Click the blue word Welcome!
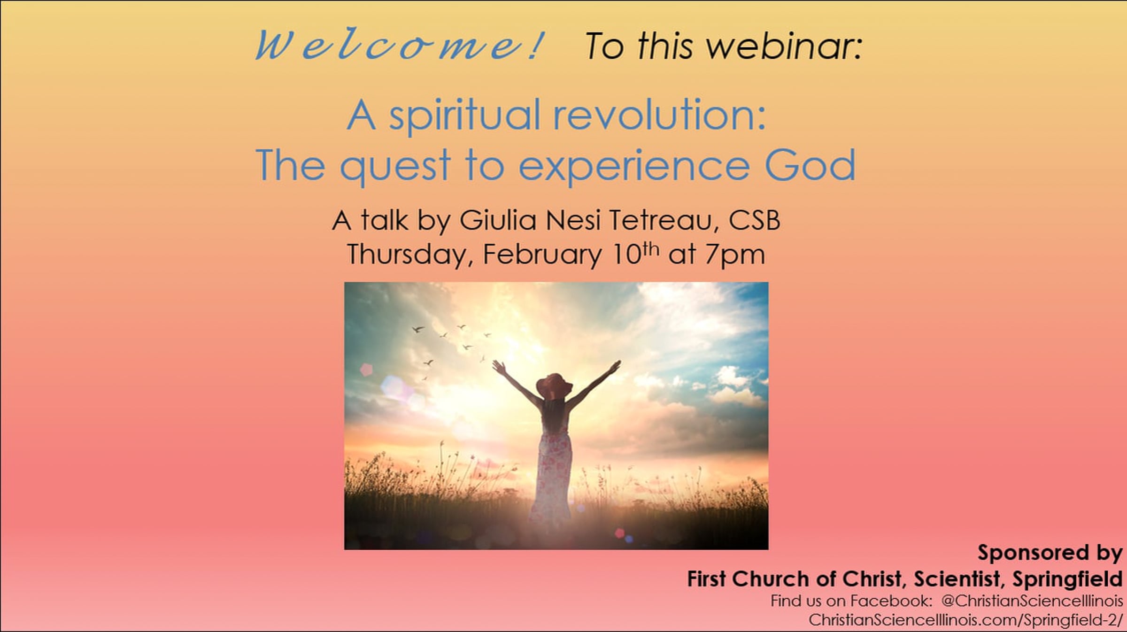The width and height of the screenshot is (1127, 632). point(400,46)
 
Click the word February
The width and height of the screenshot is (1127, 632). point(542,255)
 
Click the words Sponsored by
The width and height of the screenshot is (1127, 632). point(1050,553)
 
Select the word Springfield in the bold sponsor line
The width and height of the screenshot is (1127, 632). point(1067,579)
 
